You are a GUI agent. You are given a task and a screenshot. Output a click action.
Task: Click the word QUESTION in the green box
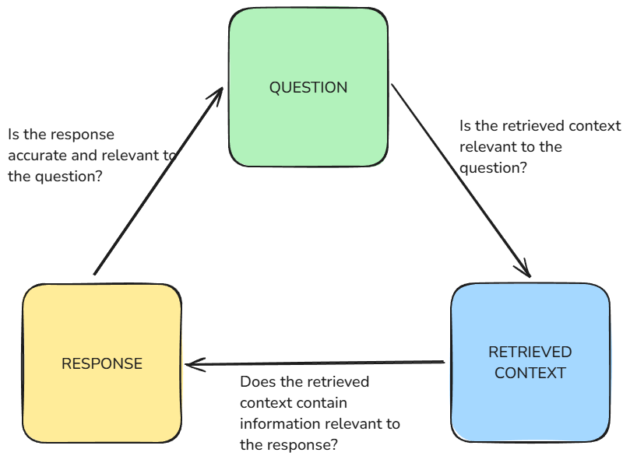click(x=308, y=87)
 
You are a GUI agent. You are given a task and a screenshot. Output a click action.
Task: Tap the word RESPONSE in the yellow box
click(x=102, y=363)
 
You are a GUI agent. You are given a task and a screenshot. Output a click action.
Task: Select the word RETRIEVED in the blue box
click(x=530, y=353)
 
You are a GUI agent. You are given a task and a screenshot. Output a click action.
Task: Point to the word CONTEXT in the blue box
click(x=530, y=373)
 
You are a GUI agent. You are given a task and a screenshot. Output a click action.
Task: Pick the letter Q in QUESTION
click(x=275, y=87)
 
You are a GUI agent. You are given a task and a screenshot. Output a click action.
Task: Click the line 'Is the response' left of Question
click(x=62, y=135)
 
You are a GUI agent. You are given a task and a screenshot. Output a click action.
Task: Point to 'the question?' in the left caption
click(x=55, y=176)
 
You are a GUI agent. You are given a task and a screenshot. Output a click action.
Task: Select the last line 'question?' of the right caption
click(x=491, y=167)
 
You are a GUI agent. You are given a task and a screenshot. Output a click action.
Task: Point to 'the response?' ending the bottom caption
click(x=288, y=445)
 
